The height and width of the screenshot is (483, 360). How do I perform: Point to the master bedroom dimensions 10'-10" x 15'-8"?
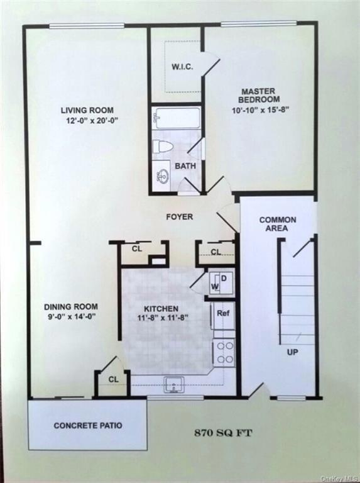[259, 109]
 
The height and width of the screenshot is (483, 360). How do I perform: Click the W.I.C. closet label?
[182, 67]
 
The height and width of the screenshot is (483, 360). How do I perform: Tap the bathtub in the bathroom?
[177, 118]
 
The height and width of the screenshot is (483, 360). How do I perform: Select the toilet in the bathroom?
[163, 147]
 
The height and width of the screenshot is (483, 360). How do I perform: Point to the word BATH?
[185, 166]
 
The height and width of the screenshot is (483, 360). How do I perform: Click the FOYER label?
[179, 217]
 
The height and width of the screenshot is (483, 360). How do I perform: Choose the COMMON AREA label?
[278, 224]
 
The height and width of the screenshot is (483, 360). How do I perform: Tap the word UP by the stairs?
[292, 352]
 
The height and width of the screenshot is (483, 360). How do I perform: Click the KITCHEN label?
[161, 309]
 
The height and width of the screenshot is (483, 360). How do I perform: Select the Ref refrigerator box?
[222, 313]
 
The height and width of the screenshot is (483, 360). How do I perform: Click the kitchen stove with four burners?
[224, 352]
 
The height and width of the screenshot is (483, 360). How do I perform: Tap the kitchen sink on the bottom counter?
[173, 384]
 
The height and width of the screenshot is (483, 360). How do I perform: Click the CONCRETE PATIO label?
[87, 426]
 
